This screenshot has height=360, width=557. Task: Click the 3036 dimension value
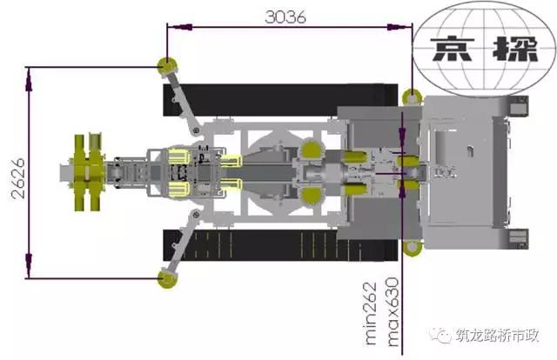click(x=285, y=17)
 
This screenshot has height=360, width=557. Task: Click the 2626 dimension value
click(x=18, y=178)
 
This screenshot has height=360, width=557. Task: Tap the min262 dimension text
click(x=371, y=314)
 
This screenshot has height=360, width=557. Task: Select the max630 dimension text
click(x=393, y=312)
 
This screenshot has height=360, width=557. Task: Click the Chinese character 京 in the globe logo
click(x=453, y=49)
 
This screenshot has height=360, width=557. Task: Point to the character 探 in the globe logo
click(x=515, y=49)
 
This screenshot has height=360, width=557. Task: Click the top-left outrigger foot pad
click(x=167, y=67)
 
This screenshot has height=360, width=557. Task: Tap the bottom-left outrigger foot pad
click(x=167, y=279)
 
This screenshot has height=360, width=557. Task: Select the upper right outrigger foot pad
click(x=412, y=97)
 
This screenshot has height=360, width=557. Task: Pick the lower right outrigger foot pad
click(x=413, y=248)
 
